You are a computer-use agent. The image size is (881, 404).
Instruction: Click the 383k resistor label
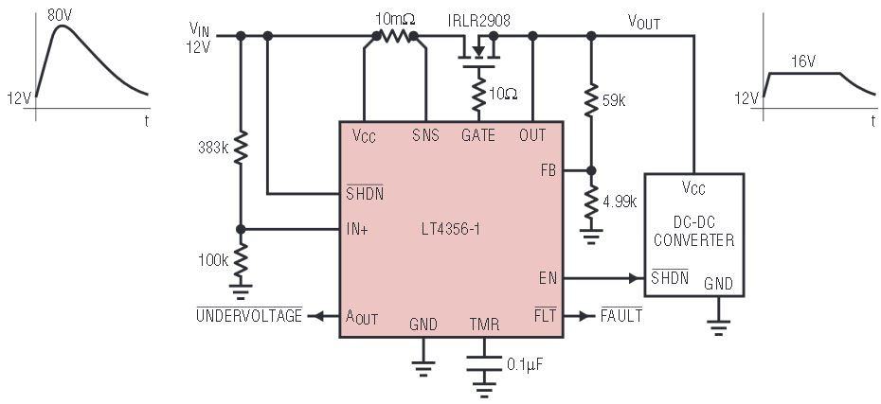213,149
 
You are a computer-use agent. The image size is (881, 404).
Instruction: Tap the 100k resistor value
213,260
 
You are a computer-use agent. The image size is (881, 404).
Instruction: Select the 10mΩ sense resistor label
395,20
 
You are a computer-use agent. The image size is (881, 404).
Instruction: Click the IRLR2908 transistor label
479,21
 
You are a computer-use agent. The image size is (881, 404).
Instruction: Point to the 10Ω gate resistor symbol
478,95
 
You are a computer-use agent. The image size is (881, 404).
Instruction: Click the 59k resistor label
613,101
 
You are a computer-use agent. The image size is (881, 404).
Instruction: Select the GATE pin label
478,135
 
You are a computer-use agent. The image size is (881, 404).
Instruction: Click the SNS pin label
426,135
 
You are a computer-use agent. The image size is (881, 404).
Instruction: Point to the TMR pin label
484,324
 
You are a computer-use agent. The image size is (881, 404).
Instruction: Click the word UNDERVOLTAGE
249,316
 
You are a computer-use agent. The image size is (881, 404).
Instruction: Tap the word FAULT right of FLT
621,316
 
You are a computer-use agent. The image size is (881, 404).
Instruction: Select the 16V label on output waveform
802,61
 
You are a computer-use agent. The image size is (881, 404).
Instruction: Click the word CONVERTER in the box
693,240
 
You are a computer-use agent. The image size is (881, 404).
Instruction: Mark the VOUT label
644,23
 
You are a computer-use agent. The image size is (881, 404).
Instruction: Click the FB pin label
548,170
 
